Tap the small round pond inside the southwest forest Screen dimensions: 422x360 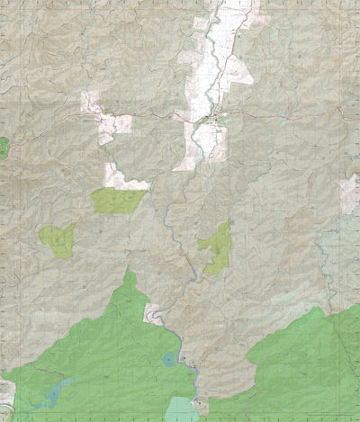pyautogui.click(x=168, y=359)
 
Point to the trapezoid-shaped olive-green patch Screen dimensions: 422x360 pyautogui.click(x=118, y=200)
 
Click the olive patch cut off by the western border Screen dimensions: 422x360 pyautogui.click(x=3, y=147)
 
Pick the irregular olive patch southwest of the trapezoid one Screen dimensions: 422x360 pyautogui.click(x=57, y=240)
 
